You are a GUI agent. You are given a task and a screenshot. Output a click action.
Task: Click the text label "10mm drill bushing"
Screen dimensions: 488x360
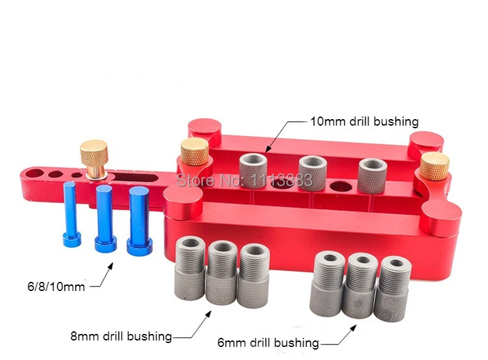[364, 122]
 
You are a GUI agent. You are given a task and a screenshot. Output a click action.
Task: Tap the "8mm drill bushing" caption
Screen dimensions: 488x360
[121, 337]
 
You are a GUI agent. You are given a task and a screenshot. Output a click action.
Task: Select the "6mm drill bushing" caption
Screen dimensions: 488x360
[268, 343]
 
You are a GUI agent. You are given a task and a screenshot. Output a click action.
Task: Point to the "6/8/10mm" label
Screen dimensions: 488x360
[56, 287]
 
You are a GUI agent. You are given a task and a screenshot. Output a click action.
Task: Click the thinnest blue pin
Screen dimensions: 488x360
[72, 214]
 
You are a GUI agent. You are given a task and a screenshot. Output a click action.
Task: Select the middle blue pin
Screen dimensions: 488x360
[105, 218]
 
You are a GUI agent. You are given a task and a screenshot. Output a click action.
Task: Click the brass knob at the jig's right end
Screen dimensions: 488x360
[435, 166]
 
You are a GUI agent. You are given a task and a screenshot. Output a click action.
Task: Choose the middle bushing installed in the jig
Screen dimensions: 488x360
[312, 172]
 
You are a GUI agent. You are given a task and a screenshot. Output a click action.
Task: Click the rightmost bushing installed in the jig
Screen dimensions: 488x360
[372, 176]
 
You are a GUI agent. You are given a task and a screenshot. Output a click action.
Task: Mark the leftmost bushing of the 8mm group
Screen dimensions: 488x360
[190, 268]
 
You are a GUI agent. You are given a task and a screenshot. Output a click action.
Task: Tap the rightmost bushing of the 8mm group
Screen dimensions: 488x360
[254, 276]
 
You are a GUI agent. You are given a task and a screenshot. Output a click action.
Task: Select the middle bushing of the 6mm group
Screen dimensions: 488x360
[360, 286]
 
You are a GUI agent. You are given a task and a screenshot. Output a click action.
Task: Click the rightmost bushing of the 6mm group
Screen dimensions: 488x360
[393, 288]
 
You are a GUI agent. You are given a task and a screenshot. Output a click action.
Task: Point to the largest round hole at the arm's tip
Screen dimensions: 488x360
[36, 173]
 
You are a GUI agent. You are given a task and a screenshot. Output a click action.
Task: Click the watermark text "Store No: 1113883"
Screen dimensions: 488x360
[244, 180]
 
